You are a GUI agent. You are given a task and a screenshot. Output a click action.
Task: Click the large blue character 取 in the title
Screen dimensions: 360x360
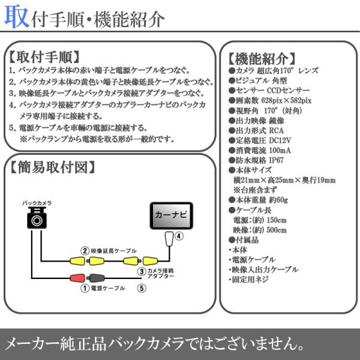(17, 17)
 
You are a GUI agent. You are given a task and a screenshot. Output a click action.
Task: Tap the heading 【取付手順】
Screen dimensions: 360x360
(44, 57)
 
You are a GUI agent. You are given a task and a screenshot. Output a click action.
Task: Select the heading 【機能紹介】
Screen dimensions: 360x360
(262, 59)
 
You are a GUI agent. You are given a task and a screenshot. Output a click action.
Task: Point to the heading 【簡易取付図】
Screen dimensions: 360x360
(52, 167)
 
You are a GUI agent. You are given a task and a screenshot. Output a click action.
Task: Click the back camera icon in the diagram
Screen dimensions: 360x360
(37, 218)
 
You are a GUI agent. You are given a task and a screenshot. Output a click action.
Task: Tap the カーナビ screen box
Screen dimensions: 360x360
(171, 215)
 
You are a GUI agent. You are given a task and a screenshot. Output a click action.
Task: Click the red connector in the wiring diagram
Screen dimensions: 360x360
(77, 278)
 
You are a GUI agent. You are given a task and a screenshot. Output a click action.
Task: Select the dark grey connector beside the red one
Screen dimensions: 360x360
(97, 278)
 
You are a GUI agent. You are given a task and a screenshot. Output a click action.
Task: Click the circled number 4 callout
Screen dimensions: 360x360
(179, 236)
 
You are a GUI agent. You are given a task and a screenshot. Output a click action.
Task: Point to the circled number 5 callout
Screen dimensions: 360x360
(142, 288)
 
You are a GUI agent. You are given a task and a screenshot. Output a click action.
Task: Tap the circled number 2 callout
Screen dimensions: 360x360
(85, 251)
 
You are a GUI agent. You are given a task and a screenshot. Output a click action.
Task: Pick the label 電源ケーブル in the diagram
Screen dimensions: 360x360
(107, 288)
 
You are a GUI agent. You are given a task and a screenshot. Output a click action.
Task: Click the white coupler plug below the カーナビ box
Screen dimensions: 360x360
(169, 239)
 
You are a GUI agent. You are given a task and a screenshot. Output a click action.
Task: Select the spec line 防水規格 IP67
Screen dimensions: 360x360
(256, 160)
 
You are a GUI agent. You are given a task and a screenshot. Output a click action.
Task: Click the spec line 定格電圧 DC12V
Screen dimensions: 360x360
(260, 140)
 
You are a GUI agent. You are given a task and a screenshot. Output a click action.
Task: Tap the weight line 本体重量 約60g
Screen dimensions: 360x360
(258, 200)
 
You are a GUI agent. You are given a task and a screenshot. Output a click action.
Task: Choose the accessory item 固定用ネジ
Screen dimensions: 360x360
(249, 280)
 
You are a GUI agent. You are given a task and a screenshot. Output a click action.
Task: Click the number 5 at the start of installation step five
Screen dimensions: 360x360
(12, 128)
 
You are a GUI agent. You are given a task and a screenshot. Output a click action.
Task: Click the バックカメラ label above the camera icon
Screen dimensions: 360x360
(37, 203)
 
